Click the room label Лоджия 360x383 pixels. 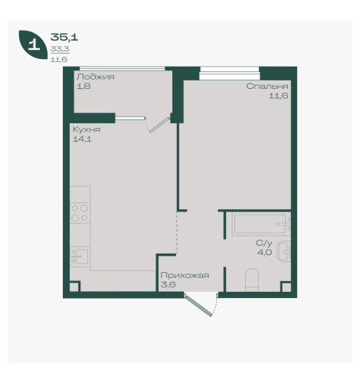coord(96,77)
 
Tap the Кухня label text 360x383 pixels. coord(87,129)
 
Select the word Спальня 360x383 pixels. coord(267,86)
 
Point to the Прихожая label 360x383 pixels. coord(185,275)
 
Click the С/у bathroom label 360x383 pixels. coord(264,243)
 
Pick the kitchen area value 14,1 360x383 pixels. coord(82,139)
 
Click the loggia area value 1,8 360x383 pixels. coord(83,86)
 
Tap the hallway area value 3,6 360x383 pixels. coord(168,284)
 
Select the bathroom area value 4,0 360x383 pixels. coord(264,252)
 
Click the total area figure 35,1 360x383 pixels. coord(64,38)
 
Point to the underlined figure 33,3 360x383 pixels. coord(60,49)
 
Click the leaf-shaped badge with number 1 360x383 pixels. coord(33,44)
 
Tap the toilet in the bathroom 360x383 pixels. coord(252,280)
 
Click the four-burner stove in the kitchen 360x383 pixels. coord(80,213)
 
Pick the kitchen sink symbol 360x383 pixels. coord(80,257)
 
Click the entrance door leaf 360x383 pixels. coord(198,306)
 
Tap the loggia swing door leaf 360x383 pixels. coord(159,125)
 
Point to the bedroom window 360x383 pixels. coord(230,74)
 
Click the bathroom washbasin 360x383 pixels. coord(284,252)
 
